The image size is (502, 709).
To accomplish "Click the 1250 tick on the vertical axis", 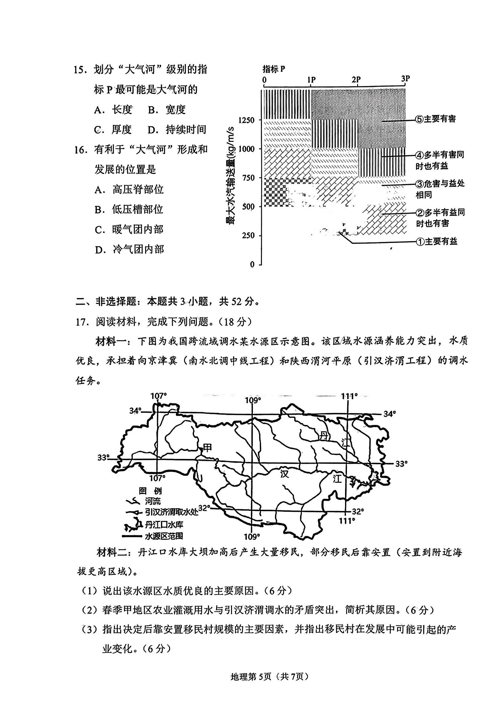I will pyautogui.click(x=246, y=120).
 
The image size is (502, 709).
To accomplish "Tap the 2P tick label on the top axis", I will pyautogui.click(x=356, y=80).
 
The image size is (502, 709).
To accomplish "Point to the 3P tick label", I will pyautogui.click(x=405, y=78).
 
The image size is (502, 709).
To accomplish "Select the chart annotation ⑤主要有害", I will pyautogui.click(x=436, y=119).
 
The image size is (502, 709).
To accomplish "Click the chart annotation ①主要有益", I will pyautogui.click(x=437, y=241).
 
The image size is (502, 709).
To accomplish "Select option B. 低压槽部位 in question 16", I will pyautogui.click(x=129, y=209).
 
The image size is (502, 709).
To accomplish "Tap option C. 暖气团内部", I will pyautogui.click(x=129, y=229).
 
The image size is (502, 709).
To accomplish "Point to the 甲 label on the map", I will pyautogui.click(x=207, y=448).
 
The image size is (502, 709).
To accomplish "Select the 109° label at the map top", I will pyautogui.click(x=253, y=400).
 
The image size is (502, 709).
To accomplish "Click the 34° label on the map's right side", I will pyautogui.click(x=390, y=414).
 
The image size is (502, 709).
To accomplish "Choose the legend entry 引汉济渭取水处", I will pyautogui.click(x=171, y=512).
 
